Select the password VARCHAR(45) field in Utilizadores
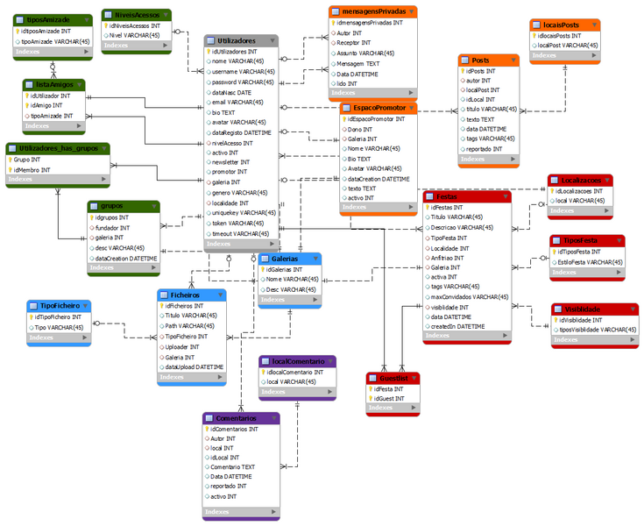(x=243, y=82)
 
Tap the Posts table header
(x=480, y=60)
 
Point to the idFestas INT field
(x=451, y=207)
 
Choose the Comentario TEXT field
(x=232, y=467)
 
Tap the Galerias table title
(x=283, y=259)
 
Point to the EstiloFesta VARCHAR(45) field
(x=589, y=261)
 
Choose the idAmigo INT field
(x=48, y=105)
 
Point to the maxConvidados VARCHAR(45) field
(x=470, y=297)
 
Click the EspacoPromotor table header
(x=372, y=107)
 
